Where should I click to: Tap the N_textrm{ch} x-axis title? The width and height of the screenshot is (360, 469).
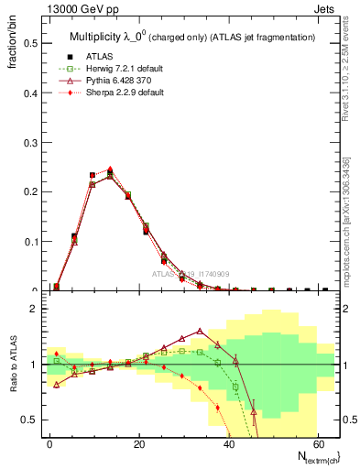[311, 455]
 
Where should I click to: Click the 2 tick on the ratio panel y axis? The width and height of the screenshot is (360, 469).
[33, 309]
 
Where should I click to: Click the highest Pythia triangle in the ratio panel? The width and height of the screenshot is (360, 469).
[200, 331]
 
